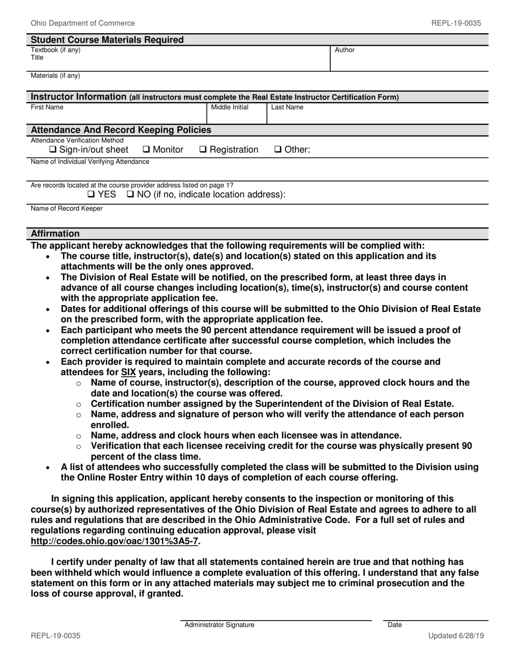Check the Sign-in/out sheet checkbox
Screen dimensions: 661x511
(x=53, y=150)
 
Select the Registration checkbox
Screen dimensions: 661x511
(x=203, y=150)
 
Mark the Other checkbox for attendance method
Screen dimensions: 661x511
(x=278, y=150)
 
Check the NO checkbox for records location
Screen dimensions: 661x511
(x=130, y=194)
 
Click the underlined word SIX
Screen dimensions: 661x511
(x=128, y=372)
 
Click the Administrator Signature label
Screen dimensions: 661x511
(x=219, y=625)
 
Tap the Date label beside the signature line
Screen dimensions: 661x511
(x=395, y=625)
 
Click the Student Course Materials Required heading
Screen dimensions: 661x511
(x=107, y=40)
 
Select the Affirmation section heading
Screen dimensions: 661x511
(x=55, y=234)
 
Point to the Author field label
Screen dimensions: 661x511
(x=345, y=50)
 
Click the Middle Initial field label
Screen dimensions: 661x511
(x=230, y=107)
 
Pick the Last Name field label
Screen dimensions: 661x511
(x=287, y=107)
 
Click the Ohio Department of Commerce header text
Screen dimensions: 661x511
(x=83, y=23)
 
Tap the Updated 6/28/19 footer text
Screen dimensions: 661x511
(x=456, y=636)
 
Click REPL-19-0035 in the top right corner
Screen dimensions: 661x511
(x=456, y=23)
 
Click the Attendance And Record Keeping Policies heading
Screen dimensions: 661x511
(x=121, y=130)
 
